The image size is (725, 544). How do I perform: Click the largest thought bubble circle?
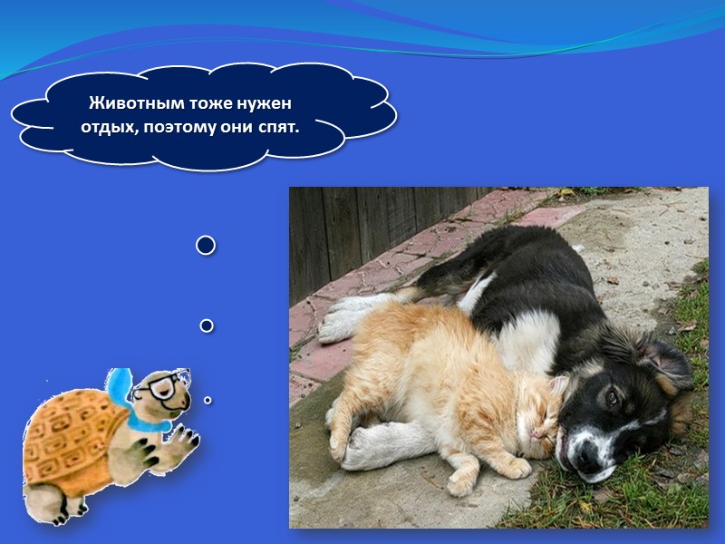206,245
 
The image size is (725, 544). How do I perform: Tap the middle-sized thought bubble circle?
206,325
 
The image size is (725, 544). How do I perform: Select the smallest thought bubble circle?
208,399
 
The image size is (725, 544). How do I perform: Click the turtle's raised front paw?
186,441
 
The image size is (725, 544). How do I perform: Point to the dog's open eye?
613,397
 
